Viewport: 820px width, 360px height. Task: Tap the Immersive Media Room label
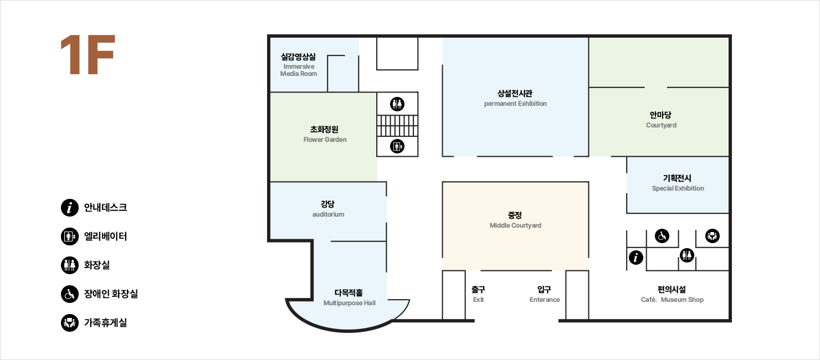click(x=299, y=70)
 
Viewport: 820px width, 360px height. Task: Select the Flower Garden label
click(x=325, y=140)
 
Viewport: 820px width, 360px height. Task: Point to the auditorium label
click(x=328, y=214)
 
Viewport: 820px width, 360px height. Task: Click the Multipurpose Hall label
click(x=349, y=303)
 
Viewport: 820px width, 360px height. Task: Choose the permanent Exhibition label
click(x=515, y=104)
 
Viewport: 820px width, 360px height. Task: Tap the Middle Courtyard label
click(x=515, y=225)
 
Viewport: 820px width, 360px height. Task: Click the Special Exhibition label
click(x=678, y=188)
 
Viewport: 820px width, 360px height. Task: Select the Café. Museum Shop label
click(x=672, y=300)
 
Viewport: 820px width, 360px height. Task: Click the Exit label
click(x=478, y=300)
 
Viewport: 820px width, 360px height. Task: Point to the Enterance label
click(x=544, y=300)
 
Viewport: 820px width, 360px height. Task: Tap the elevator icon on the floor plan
click(x=397, y=147)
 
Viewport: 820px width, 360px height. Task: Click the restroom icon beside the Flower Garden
click(x=397, y=104)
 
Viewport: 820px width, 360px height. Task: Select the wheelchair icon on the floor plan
click(x=662, y=236)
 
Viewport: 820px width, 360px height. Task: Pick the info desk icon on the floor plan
click(x=636, y=258)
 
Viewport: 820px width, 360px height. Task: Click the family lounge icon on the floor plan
click(x=713, y=236)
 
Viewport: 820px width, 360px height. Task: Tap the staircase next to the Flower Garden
click(x=397, y=126)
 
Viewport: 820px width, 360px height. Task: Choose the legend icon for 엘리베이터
click(x=70, y=236)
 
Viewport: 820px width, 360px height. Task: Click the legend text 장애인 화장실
click(x=111, y=294)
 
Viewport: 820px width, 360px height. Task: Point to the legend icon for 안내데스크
click(x=70, y=208)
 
